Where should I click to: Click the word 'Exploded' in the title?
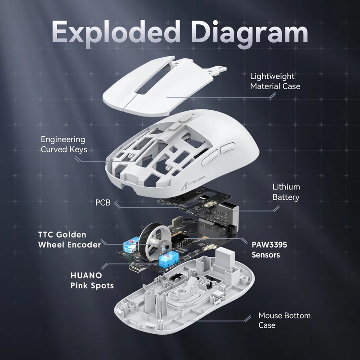[113, 32]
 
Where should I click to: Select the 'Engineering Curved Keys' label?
[63, 144]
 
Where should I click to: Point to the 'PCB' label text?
[103, 203]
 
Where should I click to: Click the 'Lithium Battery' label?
[286, 192]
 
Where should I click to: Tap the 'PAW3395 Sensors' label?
[269, 250]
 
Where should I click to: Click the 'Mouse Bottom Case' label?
[278, 320]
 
